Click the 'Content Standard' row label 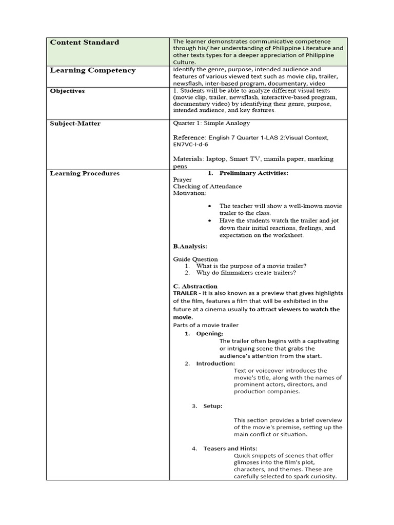84,43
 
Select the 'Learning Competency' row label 92,70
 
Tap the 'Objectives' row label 67,91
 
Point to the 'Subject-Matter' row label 75,124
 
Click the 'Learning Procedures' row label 84,173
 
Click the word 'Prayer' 183,180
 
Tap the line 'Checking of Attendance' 207,187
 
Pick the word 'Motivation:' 190,193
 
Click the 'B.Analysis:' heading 190,247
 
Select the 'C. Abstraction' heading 195,286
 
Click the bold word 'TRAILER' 185,293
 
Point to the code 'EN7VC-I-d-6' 190,145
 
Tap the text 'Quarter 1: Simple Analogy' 211,124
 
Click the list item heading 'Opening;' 209,334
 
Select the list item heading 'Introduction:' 215,364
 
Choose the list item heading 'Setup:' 213,406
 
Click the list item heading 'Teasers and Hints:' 230,449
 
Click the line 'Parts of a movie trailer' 206,325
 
